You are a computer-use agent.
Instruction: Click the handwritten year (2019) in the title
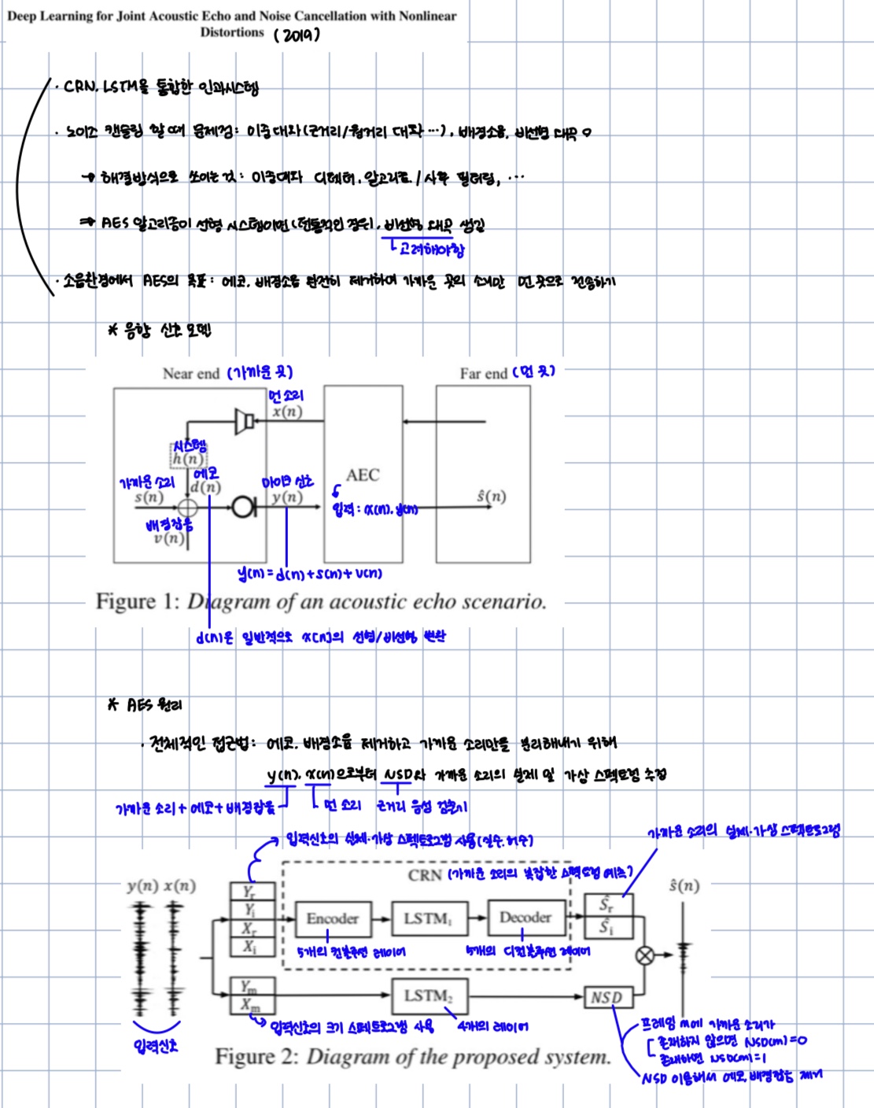[297, 35]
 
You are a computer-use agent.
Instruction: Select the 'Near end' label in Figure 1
[190, 374]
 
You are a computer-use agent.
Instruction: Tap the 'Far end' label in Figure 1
[483, 374]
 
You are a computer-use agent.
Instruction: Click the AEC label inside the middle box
[362, 475]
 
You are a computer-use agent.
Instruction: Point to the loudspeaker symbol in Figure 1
[245, 421]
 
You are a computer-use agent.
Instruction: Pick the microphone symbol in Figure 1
[243, 507]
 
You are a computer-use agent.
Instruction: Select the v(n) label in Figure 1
[169, 538]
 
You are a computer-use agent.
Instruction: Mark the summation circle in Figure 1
[188, 507]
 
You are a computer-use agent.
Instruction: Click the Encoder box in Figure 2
[332, 918]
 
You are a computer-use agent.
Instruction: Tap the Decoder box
[525, 918]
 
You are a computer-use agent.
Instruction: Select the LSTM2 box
[429, 996]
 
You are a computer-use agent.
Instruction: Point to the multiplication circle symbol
[645, 955]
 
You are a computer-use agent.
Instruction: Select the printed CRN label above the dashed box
[424, 875]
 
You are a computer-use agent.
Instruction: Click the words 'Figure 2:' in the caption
[256, 1056]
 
